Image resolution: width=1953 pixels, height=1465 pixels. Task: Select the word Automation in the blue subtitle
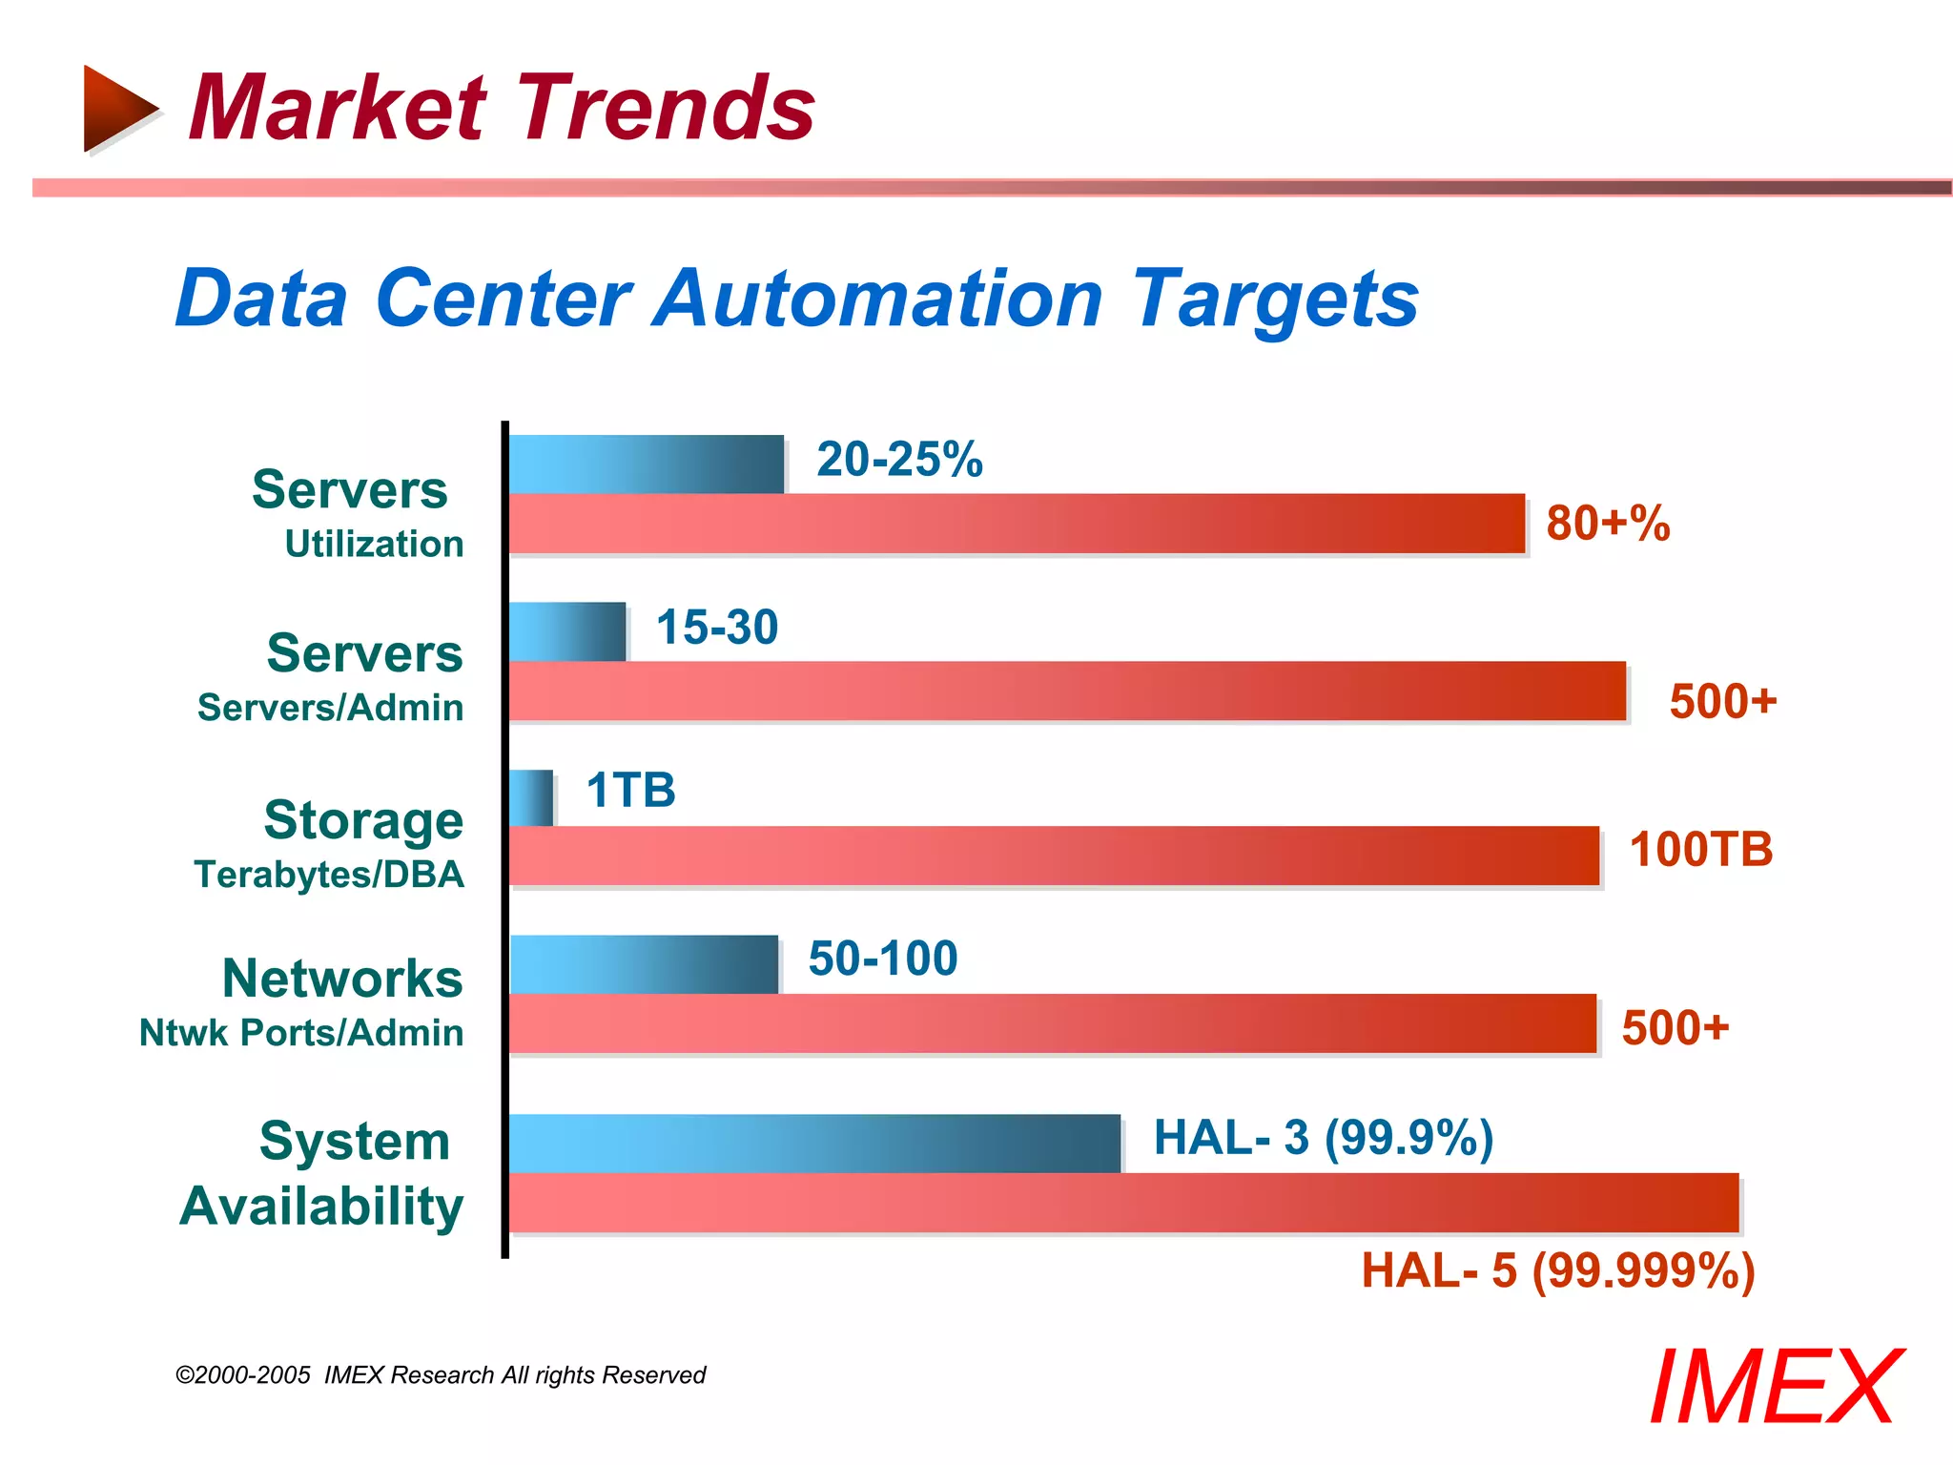tap(876, 299)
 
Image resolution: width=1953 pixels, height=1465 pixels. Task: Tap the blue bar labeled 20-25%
tap(646, 464)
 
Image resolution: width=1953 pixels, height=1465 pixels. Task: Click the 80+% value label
tap(1608, 524)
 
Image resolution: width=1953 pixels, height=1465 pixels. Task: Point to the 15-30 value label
tap(717, 628)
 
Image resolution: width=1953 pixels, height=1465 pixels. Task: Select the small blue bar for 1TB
tap(531, 798)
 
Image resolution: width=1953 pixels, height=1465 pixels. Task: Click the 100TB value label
tap(1700, 850)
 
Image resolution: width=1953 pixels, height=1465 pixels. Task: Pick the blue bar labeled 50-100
tap(644, 964)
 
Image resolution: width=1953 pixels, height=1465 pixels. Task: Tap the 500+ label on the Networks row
tap(1675, 1028)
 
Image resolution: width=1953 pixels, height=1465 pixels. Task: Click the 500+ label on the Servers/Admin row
tap(1722, 701)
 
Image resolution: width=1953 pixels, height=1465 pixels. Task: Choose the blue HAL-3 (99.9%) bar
tap(814, 1143)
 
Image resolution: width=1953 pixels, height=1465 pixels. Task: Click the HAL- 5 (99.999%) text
tap(1557, 1271)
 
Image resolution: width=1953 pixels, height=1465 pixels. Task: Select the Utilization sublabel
tap(374, 545)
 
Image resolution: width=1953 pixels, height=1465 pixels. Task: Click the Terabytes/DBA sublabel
tap(329, 875)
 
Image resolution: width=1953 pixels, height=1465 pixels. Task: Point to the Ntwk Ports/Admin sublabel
tap(301, 1033)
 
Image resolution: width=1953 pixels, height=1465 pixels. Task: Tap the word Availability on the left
tap(321, 1206)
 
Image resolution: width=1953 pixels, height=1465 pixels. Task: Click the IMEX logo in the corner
tap(1775, 1388)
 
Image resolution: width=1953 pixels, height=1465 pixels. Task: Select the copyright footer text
tap(441, 1375)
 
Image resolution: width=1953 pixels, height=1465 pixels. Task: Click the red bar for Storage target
tap(1054, 856)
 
